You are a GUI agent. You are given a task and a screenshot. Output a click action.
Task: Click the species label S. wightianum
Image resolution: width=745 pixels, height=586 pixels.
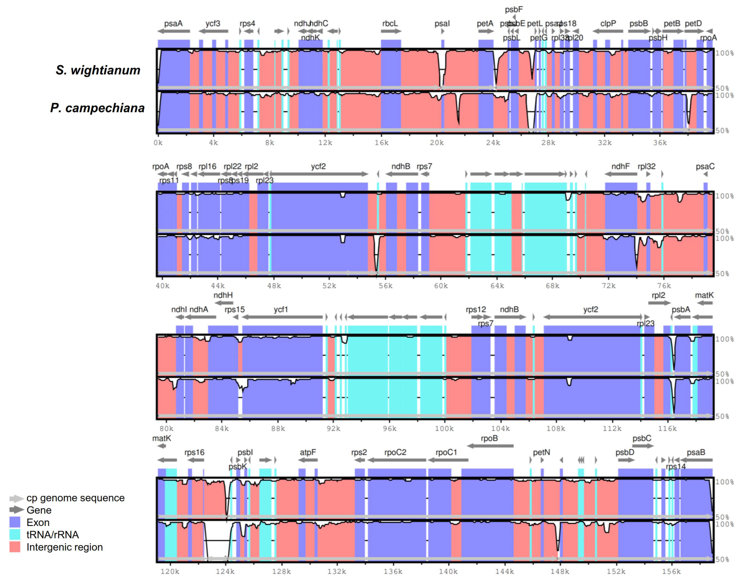[98, 70]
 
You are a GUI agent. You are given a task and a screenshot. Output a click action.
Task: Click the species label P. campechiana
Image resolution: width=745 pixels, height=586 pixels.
[97, 108]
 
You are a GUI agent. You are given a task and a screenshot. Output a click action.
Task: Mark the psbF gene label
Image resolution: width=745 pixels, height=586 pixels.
[514, 10]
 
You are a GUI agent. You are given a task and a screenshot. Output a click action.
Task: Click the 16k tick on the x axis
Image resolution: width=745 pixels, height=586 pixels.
[381, 143]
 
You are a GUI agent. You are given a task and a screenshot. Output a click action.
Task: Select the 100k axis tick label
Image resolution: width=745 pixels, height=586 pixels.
[444, 429]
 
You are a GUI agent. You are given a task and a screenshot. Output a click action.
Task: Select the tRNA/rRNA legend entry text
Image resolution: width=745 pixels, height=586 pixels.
[52, 534]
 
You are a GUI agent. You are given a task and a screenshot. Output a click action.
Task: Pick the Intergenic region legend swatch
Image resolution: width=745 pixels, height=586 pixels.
[15, 547]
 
